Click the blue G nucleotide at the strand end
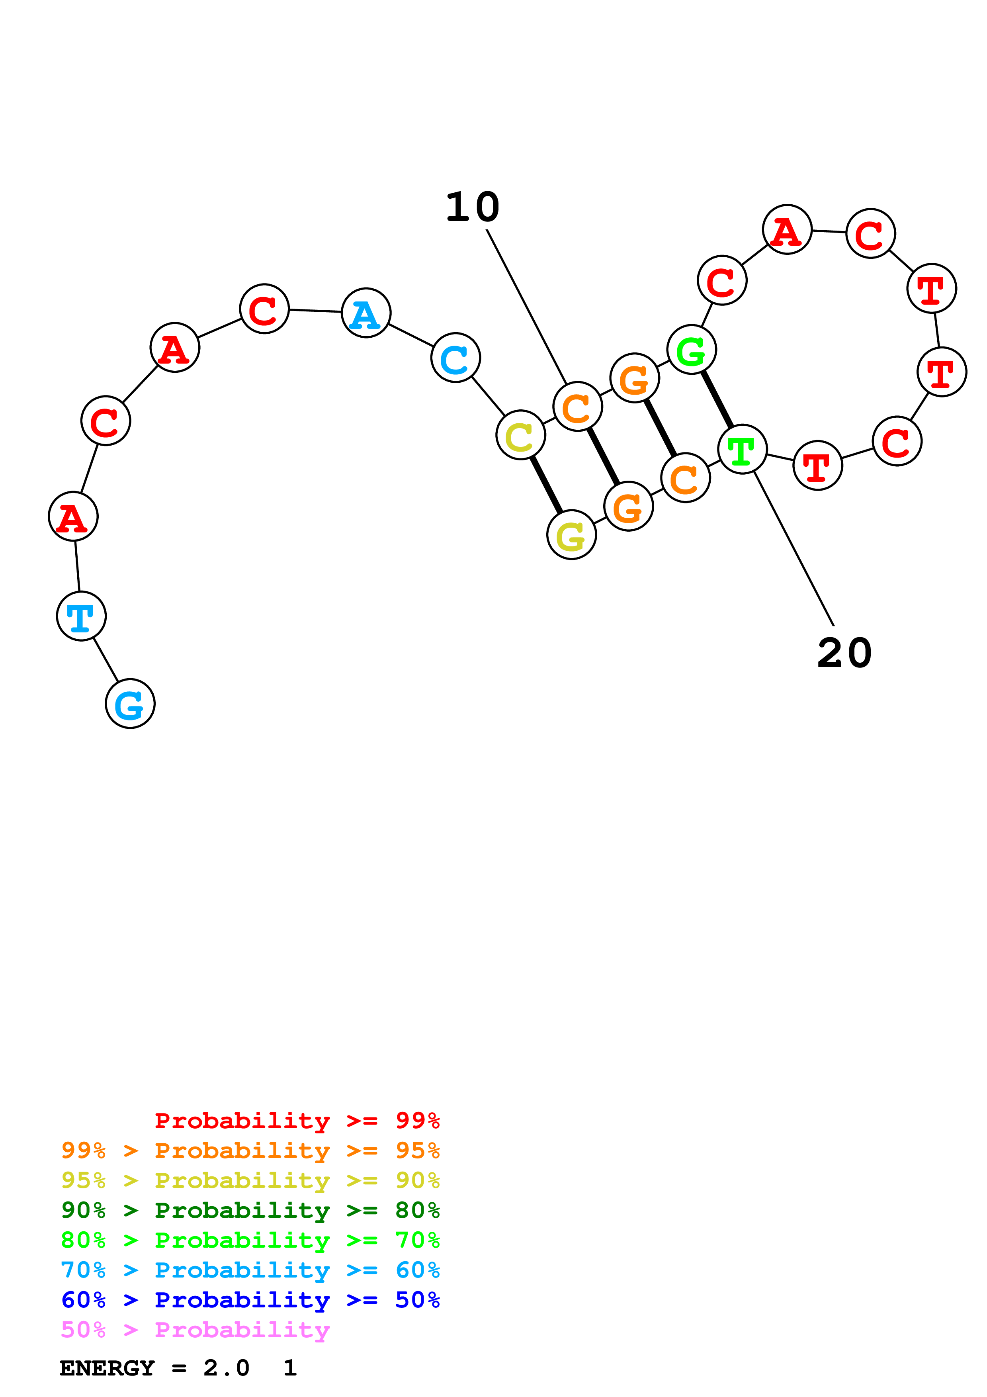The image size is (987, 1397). tap(130, 703)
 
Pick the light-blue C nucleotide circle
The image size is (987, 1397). tap(455, 358)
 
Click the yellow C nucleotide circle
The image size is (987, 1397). tap(520, 434)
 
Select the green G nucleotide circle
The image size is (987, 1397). tap(692, 349)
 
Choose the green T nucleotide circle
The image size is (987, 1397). tap(742, 449)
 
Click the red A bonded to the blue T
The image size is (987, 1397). tap(73, 517)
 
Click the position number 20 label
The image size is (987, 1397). tap(844, 653)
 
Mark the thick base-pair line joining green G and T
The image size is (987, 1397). tap(717, 399)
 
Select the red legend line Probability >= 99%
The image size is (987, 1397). tap(297, 1121)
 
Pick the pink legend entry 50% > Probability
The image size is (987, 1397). tap(195, 1330)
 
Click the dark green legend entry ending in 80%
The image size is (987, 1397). tap(250, 1210)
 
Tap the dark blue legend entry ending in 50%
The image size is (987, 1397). tap(250, 1300)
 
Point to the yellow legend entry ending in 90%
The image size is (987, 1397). tap(250, 1180)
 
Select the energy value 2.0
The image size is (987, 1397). tap(226, 1368)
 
